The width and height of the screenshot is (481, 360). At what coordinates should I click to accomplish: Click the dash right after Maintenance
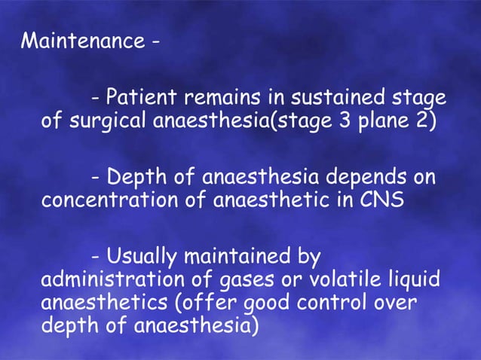coord(155,42)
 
